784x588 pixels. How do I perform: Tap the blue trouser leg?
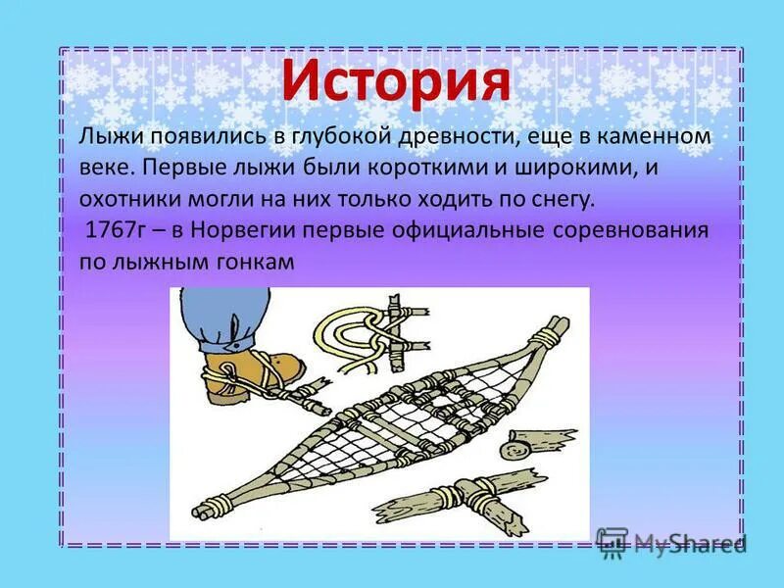(223, 318)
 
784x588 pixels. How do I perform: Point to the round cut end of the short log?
(510, 450)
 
